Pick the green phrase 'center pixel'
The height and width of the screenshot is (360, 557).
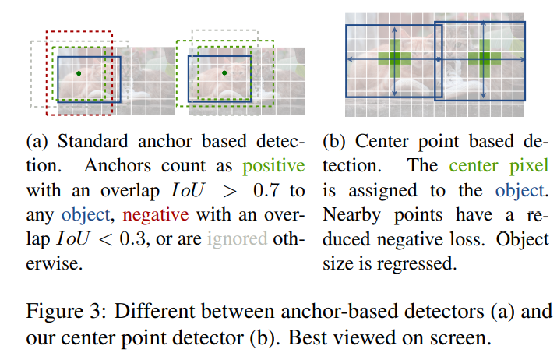[x=499, y=167]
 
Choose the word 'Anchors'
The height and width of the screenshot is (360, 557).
[x=111, y=167]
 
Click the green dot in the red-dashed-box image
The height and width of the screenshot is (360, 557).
[x=79, y=74]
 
